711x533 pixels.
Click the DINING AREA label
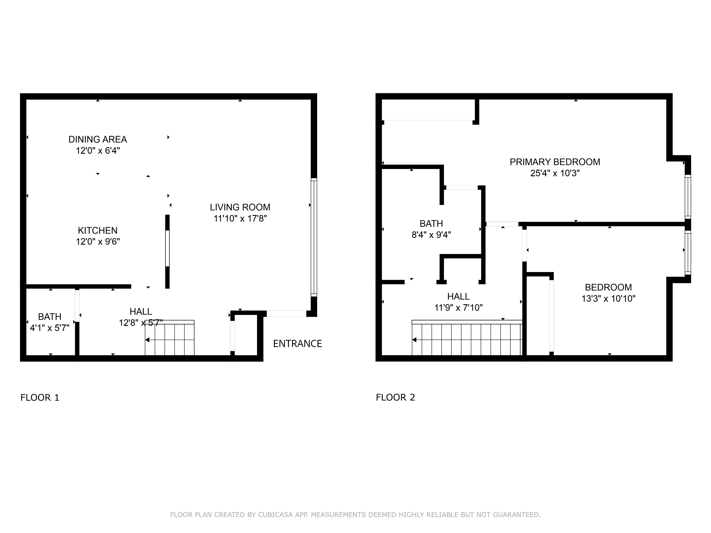[x=98, y=139]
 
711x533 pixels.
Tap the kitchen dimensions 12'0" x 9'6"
[x=98, y=242]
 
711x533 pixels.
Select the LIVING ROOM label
[x=240, y=207]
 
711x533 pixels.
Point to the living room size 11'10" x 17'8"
[x=240, y=218]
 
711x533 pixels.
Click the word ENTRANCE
[x=297, y=344]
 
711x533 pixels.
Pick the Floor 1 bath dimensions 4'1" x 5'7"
[x=50, y=328]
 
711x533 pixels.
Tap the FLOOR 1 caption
[x=40, y=398]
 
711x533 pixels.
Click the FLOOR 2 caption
[x=395, y=397]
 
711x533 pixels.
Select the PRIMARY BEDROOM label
[x=555, y=162]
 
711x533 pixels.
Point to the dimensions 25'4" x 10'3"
[x=555, y=173]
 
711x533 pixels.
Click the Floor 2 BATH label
[x=431, y=224]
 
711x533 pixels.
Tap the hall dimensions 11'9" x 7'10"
[x=458, y=308]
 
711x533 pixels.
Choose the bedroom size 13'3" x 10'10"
[x=608, y=299]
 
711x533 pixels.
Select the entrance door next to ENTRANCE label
[x=286, y=313]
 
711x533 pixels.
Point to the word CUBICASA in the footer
[x=275, y=515]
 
